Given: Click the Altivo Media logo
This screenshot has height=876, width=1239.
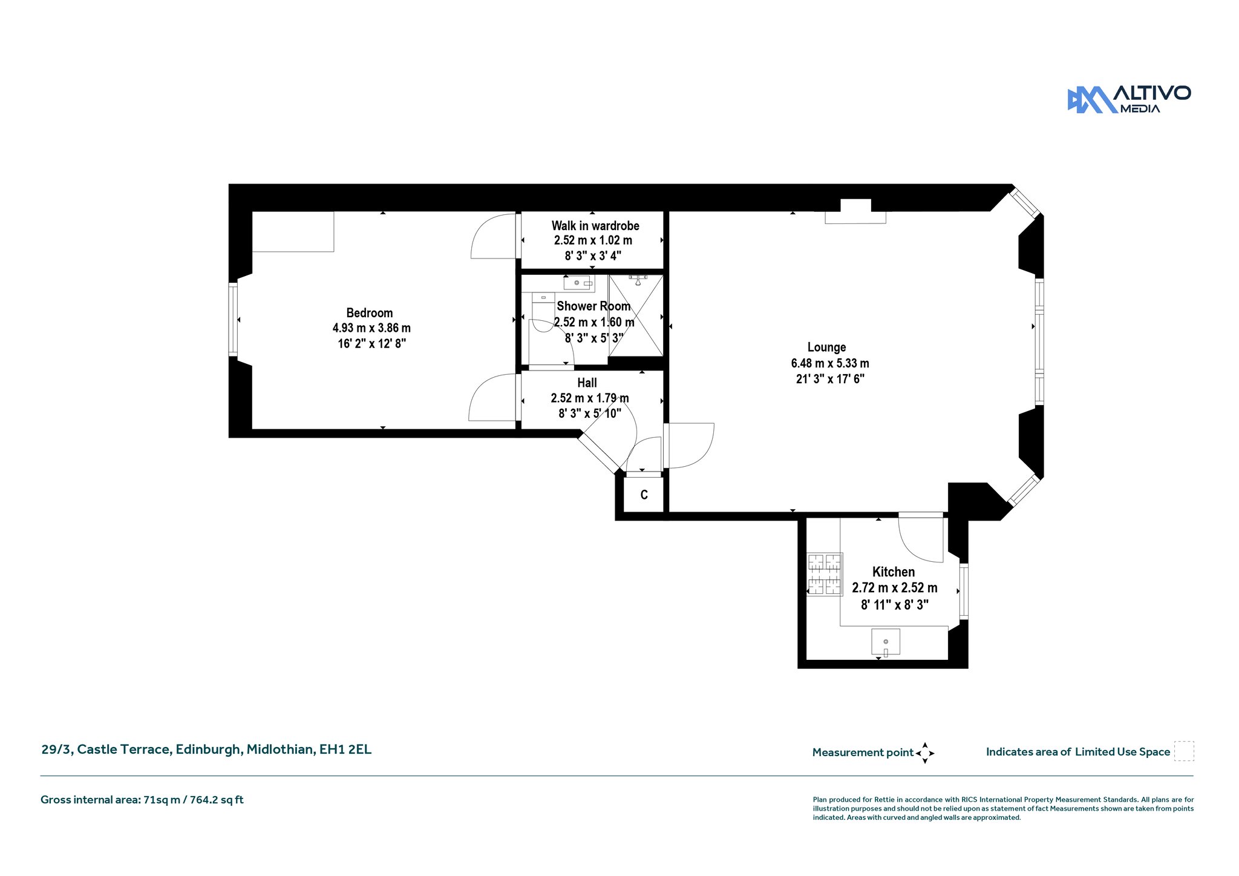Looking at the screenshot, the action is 1129,99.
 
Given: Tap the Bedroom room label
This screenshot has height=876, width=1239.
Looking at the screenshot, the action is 370,313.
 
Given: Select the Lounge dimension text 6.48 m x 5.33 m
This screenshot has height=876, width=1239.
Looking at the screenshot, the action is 830,363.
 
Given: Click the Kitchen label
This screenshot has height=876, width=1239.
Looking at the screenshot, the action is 894,571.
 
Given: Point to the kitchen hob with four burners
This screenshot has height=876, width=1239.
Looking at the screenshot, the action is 825,574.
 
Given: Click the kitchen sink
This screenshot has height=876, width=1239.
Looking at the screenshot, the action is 886,642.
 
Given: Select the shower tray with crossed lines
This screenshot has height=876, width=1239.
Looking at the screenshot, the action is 636,315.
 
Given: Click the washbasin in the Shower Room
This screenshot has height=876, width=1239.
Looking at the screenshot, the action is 578,283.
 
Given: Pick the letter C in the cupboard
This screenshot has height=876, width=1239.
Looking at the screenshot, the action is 644,495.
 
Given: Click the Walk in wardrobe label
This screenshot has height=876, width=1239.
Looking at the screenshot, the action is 595,226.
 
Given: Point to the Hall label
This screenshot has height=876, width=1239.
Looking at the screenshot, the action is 587,383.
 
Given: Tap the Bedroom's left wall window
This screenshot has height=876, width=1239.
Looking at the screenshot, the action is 233,319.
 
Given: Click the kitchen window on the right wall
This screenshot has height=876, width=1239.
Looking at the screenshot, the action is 964,591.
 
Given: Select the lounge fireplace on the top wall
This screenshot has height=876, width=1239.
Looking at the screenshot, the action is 855,211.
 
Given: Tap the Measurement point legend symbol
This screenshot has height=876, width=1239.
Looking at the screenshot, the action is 925,753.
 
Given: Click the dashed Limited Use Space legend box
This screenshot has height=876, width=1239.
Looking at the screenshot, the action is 1184,751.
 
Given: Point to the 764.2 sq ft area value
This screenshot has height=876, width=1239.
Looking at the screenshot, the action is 217,800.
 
